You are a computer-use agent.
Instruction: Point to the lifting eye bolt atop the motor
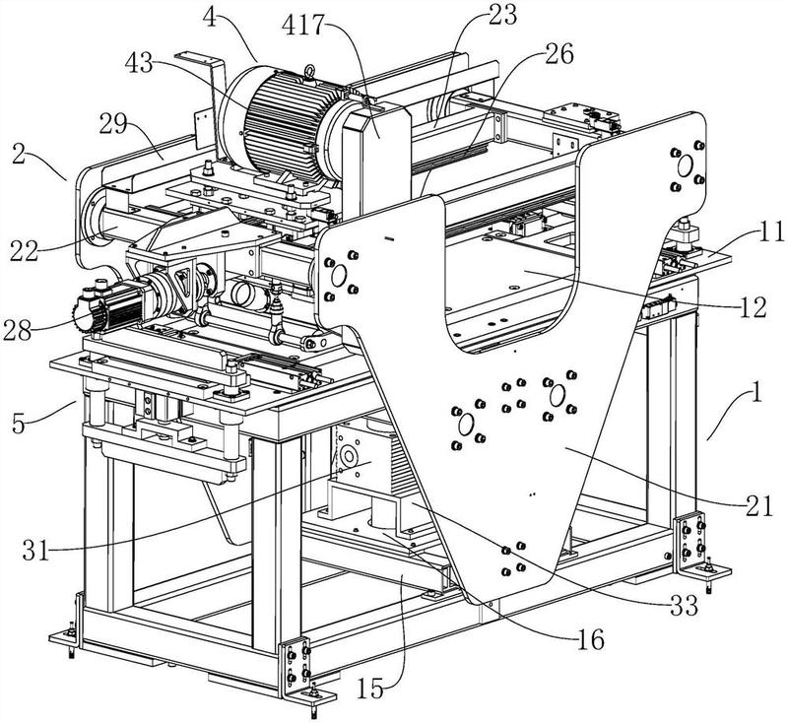(x=308, y=71)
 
